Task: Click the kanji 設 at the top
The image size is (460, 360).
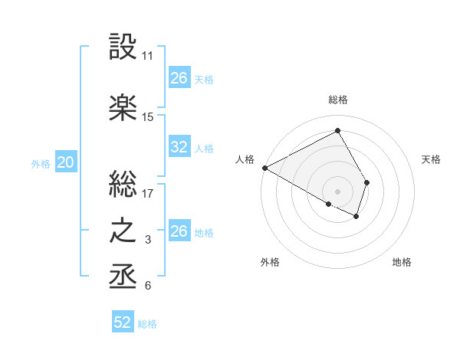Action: (123, 47)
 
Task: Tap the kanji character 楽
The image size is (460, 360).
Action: (123, 107)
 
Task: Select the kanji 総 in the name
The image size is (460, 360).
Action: (123, 184)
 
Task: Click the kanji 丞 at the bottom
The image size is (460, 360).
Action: (123, 276)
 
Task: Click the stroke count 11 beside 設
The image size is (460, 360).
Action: (148, 57)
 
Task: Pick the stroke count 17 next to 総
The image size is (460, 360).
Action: (148, 194)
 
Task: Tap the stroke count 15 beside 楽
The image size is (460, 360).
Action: (148, 117)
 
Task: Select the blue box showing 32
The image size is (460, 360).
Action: (179, 148)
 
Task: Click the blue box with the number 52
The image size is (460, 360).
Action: (123, 322)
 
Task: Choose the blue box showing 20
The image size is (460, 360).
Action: (66, 162)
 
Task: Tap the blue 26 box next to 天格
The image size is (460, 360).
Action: (179, 78)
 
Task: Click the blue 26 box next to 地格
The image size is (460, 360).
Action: (179, 231)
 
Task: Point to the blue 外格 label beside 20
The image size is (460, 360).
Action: (41, 163)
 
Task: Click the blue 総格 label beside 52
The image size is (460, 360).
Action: (147, 324)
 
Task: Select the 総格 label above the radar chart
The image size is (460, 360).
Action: (337, 100)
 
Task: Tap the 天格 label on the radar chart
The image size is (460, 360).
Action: (431, 159)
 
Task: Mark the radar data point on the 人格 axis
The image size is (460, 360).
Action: (264, 167)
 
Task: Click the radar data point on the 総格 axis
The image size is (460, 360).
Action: (337, 130)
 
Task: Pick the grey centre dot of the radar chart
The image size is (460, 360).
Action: (337, 191)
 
